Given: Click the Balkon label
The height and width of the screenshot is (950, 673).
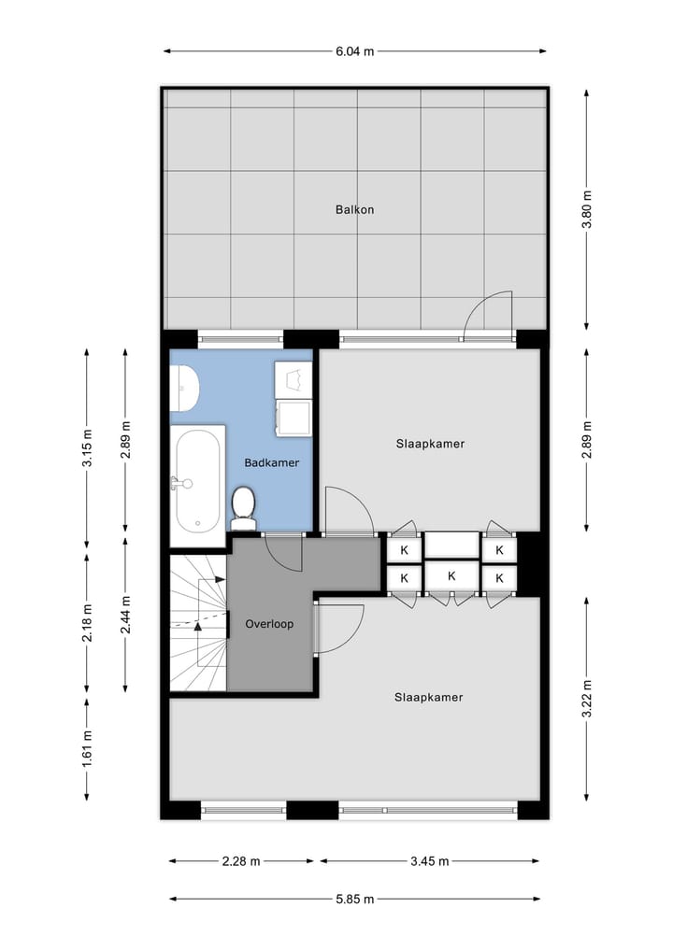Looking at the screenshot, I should pos(354,209).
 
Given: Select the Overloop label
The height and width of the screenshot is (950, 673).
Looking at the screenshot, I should pos(269,623).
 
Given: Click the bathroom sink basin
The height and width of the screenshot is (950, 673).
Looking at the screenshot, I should pos(183,387).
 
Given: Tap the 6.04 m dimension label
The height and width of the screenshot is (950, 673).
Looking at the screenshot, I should pos(354,51).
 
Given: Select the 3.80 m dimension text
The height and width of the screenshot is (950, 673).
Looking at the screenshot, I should pos(587,210).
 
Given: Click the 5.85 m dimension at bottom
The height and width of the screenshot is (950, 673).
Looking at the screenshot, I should pos(354,900).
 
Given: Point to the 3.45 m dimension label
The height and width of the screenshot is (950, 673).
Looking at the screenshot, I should pos(430,861).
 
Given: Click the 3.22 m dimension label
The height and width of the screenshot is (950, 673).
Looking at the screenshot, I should pos(587,698).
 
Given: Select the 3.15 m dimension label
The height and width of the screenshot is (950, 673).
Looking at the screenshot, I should pos(87,447).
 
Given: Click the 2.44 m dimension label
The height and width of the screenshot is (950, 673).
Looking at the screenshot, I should pos(125,616).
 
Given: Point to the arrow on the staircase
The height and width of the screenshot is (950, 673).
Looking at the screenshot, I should pos(198,623).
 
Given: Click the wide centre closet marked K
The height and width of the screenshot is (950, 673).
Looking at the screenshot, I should pos(451,576).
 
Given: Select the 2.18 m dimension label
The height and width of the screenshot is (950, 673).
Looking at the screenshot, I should pos(87,625).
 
